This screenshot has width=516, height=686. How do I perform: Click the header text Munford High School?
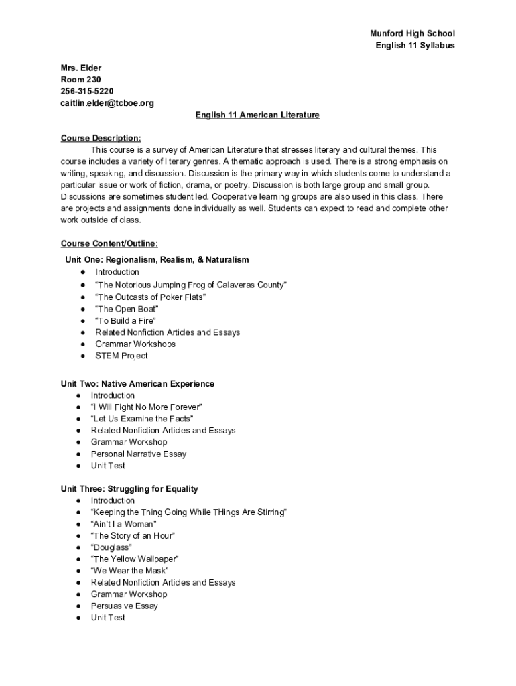pos(412,33)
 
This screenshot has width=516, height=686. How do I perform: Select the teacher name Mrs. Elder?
pos(81,68)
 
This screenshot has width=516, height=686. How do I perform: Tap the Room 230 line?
pos(81,80)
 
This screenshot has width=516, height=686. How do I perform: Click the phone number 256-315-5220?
pos(87,91)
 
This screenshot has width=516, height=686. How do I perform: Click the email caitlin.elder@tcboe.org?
pos(107,103)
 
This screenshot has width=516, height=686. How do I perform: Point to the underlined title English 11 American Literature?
pos(257,115)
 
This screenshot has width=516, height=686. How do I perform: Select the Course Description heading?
pos(101,139)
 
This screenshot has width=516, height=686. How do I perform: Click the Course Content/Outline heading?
pos(109,244)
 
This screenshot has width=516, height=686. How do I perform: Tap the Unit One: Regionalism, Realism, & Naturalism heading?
pos(157,260)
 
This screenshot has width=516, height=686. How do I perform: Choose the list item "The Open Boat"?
pos(127,309)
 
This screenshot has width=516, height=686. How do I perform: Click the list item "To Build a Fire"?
pos(125,321)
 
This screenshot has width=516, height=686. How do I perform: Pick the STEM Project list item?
pos(121,356)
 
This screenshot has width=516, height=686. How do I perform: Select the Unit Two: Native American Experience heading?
pos(137,384)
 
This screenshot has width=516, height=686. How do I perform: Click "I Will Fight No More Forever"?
pos(147,407)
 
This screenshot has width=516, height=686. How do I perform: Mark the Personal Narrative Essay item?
pos(139,454)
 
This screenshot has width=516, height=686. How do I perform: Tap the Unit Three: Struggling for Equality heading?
pos(129,489)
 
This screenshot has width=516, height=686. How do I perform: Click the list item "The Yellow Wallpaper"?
pos(135,559)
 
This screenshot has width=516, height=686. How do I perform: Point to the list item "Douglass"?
pos(111,547)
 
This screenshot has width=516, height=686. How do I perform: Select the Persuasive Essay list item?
pos(125,606)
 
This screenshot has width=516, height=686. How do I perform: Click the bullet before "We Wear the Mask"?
pos(78,571)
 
